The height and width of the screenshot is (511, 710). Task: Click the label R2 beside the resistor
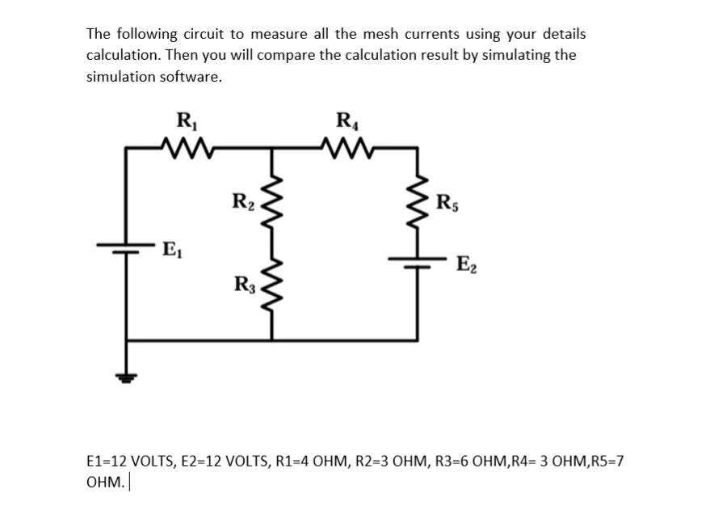click(x=242, y=201)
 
